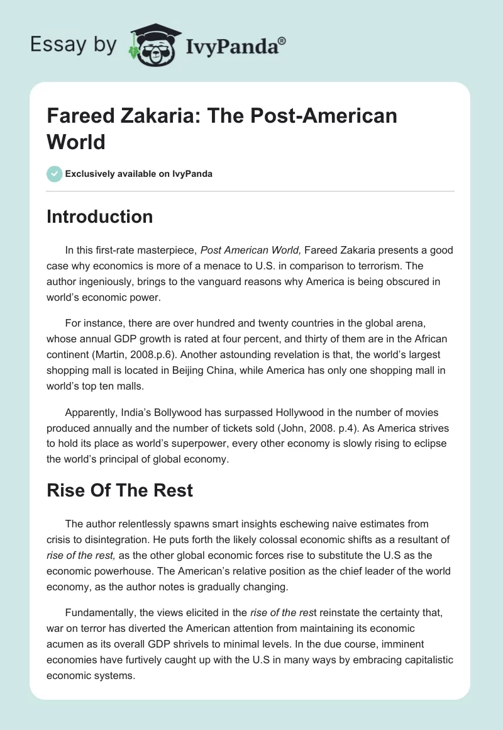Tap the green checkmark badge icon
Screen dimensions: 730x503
point(54,174)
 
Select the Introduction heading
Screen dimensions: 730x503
point(99,216)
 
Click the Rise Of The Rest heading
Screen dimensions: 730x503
point(119,490)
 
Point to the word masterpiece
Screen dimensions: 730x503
point(167,250)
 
